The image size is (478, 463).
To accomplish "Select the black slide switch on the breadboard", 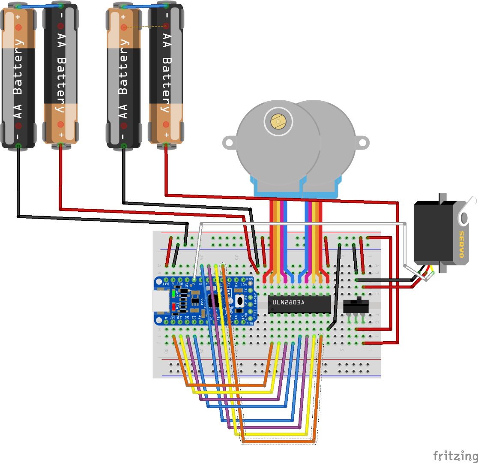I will click(356, 306).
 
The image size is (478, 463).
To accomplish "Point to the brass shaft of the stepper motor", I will click(278, 122).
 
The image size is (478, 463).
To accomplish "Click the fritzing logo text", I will click(455, 455).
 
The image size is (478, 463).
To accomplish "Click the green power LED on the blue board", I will click(174, 294).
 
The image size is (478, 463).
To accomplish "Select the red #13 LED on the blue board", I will click(174, 307).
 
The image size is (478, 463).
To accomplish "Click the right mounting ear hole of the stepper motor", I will click(363, 141).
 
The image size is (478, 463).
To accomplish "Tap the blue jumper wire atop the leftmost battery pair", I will click(39, 6).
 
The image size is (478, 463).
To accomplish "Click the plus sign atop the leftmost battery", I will click(18, 17).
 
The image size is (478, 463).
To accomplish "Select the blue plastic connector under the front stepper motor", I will click(278, 189).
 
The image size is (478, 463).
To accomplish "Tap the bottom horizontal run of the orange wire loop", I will click(278, 441).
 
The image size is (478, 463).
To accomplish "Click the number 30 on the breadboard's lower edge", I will click(166, 350).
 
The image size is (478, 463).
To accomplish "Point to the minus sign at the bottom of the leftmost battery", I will click(18, 137).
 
